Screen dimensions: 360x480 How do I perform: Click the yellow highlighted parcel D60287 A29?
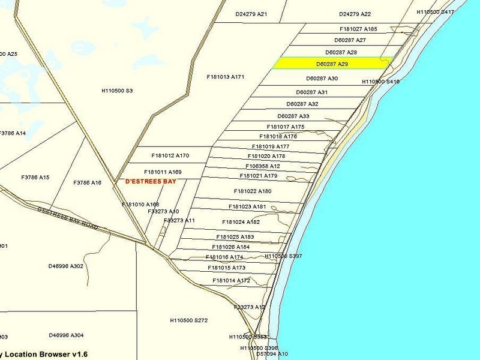[332, 63]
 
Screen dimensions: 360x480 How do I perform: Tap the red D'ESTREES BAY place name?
[151, 181]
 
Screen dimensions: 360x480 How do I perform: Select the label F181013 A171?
[226, 77]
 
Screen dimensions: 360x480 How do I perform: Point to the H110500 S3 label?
[117, 91]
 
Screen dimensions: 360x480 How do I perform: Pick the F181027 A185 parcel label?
[358, 29]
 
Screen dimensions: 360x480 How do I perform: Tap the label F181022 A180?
[253, 191]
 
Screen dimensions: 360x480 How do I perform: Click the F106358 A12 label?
[263, 166]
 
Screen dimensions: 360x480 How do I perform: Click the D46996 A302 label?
[66, 266]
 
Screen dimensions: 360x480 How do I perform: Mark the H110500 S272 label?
[188, 320]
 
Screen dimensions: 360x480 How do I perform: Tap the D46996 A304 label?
[66, 335]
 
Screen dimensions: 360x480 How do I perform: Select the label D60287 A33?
[293, 116]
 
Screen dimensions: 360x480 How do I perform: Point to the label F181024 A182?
[241, 222]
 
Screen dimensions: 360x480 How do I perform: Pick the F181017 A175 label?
[286, 127]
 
